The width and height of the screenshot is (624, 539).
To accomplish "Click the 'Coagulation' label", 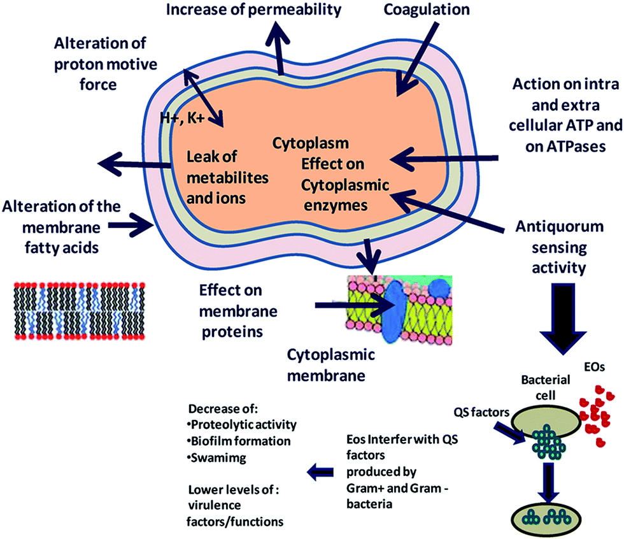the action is pos(427,10).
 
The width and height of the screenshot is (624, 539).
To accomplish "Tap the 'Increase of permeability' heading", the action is pos(253,10).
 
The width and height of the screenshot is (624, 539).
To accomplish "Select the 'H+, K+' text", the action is pos(182,117).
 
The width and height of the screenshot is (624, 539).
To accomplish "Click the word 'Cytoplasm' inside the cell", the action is pos(311,143).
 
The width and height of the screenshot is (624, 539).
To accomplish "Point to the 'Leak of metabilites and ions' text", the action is pos(228,177).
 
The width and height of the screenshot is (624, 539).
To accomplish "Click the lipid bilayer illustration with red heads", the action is pos(80,311).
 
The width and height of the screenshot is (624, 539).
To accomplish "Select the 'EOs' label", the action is pos(595,366).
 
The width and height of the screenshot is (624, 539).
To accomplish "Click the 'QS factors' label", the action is pos(481,412).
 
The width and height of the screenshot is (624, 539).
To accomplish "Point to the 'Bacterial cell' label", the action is pos(546,387).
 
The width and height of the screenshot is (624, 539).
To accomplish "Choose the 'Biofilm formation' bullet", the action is pos(239,441).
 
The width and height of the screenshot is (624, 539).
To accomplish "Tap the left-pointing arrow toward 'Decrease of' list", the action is pos(320,472).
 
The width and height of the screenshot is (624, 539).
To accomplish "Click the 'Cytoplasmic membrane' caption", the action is pos(330,365).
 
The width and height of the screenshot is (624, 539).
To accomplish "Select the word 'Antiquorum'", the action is pos(560,227).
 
